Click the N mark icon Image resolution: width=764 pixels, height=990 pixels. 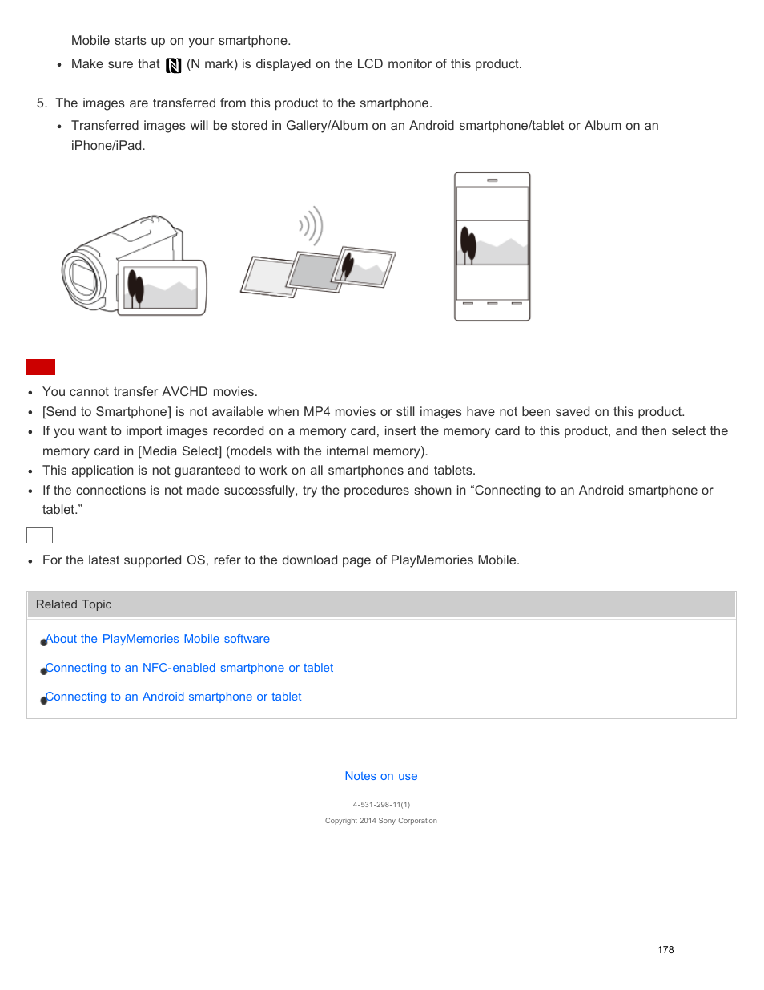coord(173,65)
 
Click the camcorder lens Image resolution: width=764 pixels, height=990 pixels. coord(83,277)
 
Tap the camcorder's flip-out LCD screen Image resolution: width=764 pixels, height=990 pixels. coord(161,288)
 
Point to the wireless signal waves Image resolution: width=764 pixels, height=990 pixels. coord(311,226)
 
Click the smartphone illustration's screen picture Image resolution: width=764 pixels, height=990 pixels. coord(492,243)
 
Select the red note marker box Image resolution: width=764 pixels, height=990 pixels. coord(41,367)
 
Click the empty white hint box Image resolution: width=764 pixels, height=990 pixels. coord(39,535)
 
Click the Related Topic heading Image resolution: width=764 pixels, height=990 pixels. coord(74,604)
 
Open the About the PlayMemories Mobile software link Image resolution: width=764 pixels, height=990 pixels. coord(158,639)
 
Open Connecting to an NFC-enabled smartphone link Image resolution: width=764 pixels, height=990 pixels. coord(190,668)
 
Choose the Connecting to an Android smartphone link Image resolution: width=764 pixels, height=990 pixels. coord(174,697)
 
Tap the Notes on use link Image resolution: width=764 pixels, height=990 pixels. coord(381,776)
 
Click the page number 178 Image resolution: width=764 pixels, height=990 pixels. coord(665,950)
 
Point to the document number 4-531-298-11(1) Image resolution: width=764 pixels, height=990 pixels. coord(381,805)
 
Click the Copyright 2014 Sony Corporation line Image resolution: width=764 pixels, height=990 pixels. coord(381,821)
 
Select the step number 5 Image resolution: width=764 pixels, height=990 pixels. coord(41,103)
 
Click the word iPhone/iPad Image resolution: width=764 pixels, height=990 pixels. coord(107,146)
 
